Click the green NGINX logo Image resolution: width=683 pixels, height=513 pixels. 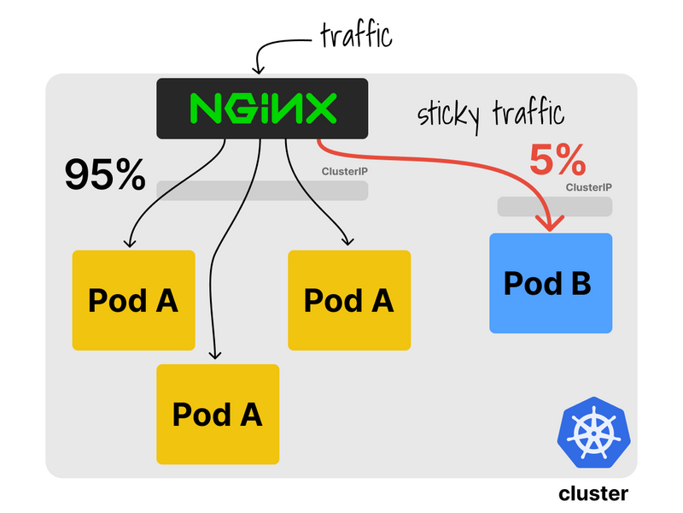262,109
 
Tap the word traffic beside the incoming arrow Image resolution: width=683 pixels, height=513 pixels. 355,37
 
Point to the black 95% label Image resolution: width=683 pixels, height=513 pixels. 105,175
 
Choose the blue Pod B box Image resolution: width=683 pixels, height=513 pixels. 551,283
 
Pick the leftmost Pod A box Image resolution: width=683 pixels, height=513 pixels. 133,300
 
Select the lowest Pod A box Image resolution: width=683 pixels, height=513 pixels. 217,414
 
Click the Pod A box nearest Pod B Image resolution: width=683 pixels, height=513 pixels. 349,300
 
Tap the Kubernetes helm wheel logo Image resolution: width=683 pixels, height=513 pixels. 592,434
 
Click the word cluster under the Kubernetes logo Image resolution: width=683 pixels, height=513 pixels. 593,493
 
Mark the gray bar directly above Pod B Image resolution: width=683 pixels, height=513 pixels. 555,207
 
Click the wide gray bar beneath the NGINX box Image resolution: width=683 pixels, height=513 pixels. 262,190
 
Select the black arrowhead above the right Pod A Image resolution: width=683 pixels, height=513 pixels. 346,241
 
